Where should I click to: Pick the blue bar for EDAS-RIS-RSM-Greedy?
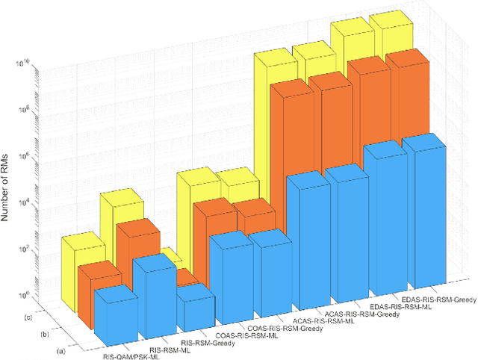426,217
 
